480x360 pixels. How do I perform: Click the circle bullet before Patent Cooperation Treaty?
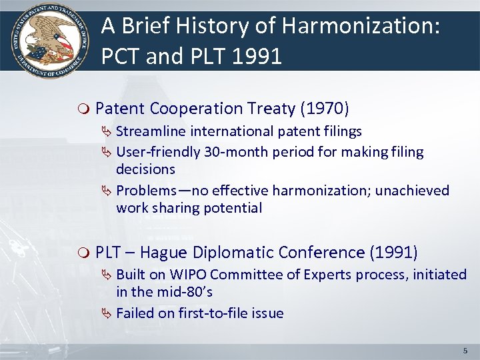point(83,109)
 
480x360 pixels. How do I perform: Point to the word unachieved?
point(413,191)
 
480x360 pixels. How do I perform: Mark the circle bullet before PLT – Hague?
point(83,253)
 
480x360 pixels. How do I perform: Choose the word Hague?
point(163,253)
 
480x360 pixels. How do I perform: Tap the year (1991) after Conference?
point(393,253)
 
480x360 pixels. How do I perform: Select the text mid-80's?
point(184,292)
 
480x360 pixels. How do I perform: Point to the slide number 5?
point(465,350)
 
